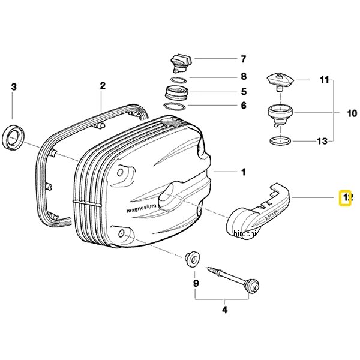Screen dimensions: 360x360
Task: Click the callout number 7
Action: tap(244, 59)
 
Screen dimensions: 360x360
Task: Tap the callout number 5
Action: tap(244, 92)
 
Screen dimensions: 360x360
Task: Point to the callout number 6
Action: tap(244, 106)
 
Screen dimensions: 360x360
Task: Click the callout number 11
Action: tap(325, 79)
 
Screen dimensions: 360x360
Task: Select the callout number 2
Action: tap(103, 86)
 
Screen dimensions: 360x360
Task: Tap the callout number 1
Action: tap(243, 172)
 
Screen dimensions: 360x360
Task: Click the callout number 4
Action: tap(224, 310)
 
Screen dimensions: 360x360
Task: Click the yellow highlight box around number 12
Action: tap(346, 197)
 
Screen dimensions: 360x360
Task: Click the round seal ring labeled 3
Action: tap(13, 136)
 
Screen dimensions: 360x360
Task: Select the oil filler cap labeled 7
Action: tap(179, 62)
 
